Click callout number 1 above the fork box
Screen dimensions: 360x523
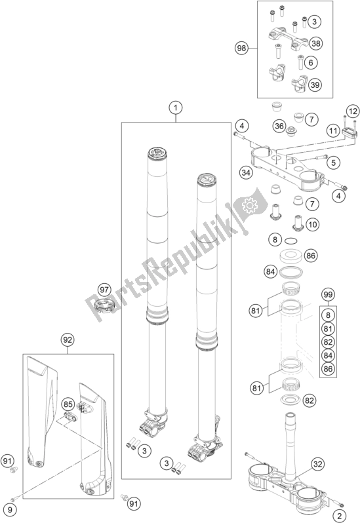click(176, 107)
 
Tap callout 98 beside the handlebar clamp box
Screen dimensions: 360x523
click(241, 48)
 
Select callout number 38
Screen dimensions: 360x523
click(315, 43)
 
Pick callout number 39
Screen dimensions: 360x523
click(315, 85)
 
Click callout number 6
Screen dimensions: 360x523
click(311, 62)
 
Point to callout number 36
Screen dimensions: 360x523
click(279, 126)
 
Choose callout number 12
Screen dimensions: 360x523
click(353, 111)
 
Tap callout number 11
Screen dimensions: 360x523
click(333, 130)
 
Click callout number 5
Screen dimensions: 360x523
click(333, 163)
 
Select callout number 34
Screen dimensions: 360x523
click(246, 172)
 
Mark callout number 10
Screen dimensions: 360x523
click(313, 224)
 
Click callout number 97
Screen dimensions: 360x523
click(104, 290)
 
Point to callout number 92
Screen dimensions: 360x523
click(68, 340)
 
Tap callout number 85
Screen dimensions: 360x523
click(68, 404)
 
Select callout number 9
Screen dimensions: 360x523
click(10, 510)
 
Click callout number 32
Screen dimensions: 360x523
click(318, 464)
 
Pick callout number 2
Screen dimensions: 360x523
click(340, 516)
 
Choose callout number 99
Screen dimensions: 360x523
click(328, 294)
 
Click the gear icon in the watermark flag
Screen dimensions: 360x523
click(249, 206)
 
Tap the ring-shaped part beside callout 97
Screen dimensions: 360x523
click(105, 306)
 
